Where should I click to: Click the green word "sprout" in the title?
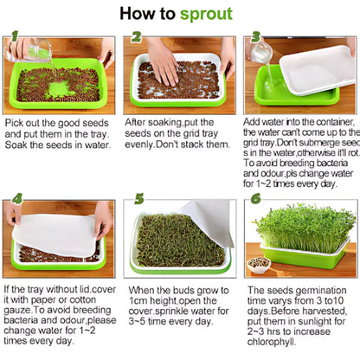pos(206,14)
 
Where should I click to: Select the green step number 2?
pos(137,38)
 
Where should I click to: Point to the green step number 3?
pos(256,38)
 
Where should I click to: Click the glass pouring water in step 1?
pos(37,52)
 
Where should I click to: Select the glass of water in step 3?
pos(261,52)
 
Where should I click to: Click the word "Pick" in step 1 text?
pos(15,123)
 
